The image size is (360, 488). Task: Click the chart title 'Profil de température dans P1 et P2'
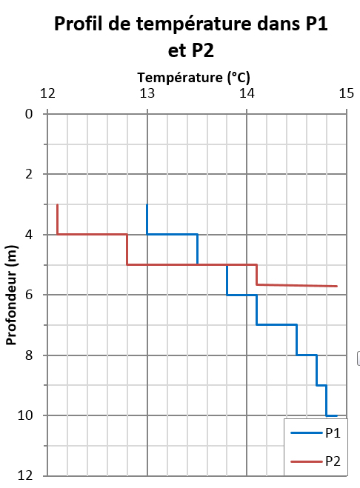(191, 37)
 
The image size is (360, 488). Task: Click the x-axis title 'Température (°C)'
(194, 77)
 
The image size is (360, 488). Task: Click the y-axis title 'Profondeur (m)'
(11, 294)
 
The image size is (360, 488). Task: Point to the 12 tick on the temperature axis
(48, 93)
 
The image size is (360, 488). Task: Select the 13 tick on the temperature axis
(147, 93)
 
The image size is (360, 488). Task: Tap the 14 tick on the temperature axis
(247, 93)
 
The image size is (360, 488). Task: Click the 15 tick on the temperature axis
(346, 93)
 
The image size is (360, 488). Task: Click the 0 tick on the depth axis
(30, 114)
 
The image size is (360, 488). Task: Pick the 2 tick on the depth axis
(30, 174)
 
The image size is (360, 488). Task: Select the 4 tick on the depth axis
(30, 235)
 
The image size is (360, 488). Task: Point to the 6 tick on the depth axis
(30, 295)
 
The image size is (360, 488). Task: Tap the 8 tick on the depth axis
(30, 355)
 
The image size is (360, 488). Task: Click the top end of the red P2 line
(58, 205)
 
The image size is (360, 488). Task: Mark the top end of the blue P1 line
(147, 205)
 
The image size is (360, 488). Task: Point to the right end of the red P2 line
(337, 286)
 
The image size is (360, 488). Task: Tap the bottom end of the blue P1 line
(337, 415)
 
